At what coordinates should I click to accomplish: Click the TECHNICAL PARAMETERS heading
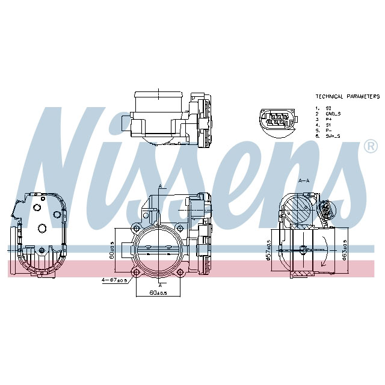tap(347, 96)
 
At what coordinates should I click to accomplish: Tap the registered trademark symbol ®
tap(371, 146)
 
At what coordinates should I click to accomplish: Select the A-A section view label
tap(304, 180)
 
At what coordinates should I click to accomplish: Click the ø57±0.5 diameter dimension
tap(268, 250)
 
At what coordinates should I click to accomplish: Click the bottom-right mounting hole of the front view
tap(182, 273)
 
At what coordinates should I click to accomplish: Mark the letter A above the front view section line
tap(160, 185)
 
